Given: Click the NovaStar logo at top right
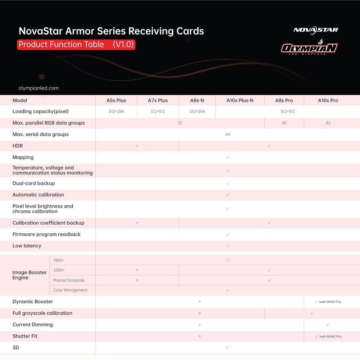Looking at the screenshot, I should tap(315, 30).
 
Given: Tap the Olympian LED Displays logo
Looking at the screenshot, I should tap(309, 48).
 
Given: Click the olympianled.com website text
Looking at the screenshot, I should tap(39, 88).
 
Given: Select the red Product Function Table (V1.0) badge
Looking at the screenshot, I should tap(76, 45).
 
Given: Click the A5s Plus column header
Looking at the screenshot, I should tap(116, 100).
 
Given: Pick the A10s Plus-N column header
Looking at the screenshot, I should tap(240, 100).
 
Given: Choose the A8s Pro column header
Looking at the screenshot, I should tap(284, 100).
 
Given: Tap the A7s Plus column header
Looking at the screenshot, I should tap(157, 100).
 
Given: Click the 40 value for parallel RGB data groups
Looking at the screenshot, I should tap(284, 123).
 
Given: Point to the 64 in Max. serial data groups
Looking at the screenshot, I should tap(228, 134).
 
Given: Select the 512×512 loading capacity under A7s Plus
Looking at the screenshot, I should tap(157, 111).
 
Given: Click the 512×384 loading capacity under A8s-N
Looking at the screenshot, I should tap(197, 111).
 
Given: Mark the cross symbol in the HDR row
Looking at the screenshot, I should tap(137, 146).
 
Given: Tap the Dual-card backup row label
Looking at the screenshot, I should tap(34, 183).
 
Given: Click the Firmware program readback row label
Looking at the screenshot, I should tap(46, 234).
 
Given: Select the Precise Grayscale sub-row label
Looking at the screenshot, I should tap(69, 280).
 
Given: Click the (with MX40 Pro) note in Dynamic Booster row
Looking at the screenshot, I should tap(330, 302).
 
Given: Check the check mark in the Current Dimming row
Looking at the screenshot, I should tap(328, 325).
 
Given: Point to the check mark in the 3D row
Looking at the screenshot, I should tap(228, 348).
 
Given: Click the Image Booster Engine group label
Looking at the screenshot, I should tap(29, 275).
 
